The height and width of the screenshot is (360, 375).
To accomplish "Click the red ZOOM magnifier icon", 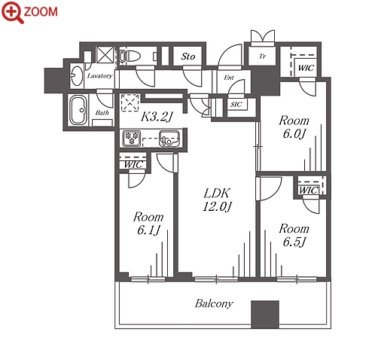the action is [x=13, y=12].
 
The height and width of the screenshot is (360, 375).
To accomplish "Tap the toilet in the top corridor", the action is [x=129, y=56].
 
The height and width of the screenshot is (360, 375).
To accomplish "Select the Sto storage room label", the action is [x=188, y=56].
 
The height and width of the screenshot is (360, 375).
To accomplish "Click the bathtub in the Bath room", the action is [x=78, y=110].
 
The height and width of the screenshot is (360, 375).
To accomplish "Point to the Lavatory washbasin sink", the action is [x=77, y=75].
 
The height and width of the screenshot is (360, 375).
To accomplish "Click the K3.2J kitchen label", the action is [x=157, y=117].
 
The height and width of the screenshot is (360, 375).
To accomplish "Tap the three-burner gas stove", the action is [x=131, y=138].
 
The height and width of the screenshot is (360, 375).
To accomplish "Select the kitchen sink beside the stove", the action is [x=169, y=139].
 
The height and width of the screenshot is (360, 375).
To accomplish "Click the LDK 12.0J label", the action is [x=217, y=200].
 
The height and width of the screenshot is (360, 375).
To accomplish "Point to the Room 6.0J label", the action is [x=294, y=127].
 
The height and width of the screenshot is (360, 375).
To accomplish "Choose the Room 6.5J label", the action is [x=294, y=236].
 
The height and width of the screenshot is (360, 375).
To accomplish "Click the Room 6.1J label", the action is [x=148, y=224].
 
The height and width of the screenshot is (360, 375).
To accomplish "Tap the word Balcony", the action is [x=214, y=304].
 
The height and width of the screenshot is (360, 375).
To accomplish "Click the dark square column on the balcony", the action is [x=265, y=314].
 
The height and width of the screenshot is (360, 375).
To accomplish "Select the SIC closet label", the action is [x=236, y=104].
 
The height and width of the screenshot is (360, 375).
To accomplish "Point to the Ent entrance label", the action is [x=229, y=78].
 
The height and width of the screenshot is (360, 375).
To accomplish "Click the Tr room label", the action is [x=262, y=56].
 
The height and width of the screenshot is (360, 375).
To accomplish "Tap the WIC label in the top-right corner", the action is [x=306, y=68].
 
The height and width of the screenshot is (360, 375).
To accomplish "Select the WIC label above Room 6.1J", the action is [x=133, y=164].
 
